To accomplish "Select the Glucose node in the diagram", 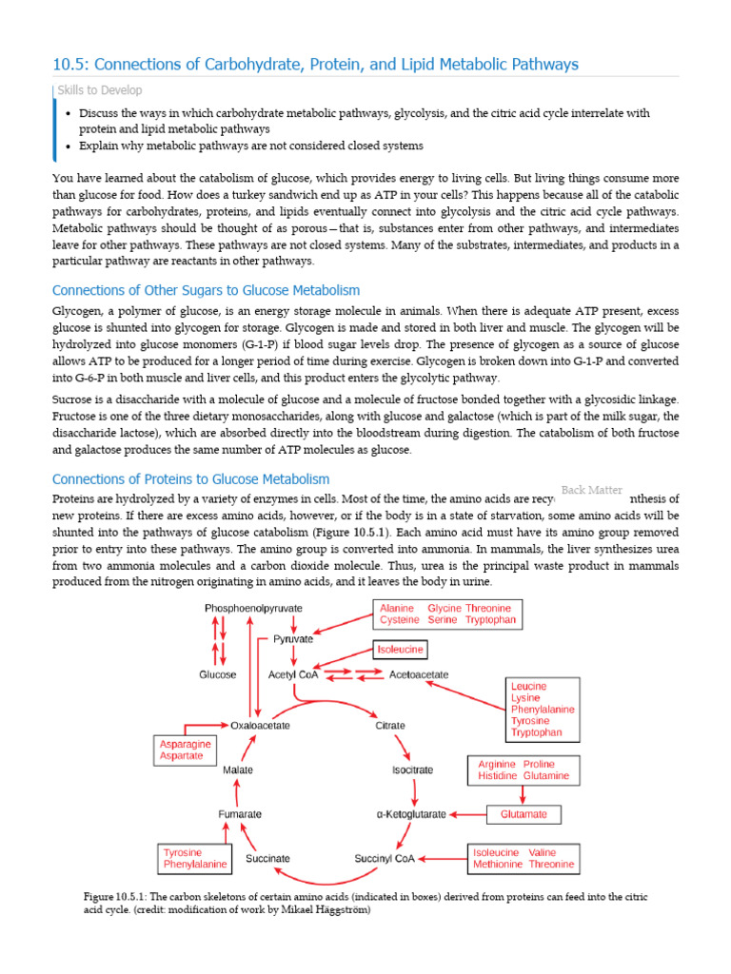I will point(217,674).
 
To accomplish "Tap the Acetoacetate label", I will point(419,674).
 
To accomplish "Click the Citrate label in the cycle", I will point(391,725).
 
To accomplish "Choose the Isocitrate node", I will point(412,769).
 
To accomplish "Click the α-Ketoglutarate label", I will point(411,814).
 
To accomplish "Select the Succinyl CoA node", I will point(383,858).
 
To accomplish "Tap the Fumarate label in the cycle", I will point(238,814).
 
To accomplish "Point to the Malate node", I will point(238,769).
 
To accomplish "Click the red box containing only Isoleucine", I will point(399,650).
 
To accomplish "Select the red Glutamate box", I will point(524,814).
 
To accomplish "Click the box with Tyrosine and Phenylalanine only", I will point(195,859).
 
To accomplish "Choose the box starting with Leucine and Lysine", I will point(543,710).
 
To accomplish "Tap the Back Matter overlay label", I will point(591,490).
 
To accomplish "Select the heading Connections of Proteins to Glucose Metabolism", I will point(190,479).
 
